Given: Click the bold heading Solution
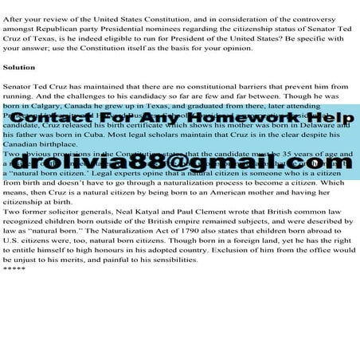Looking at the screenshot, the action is pos(19,68).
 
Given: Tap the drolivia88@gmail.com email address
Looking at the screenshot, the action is pos(180,163).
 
